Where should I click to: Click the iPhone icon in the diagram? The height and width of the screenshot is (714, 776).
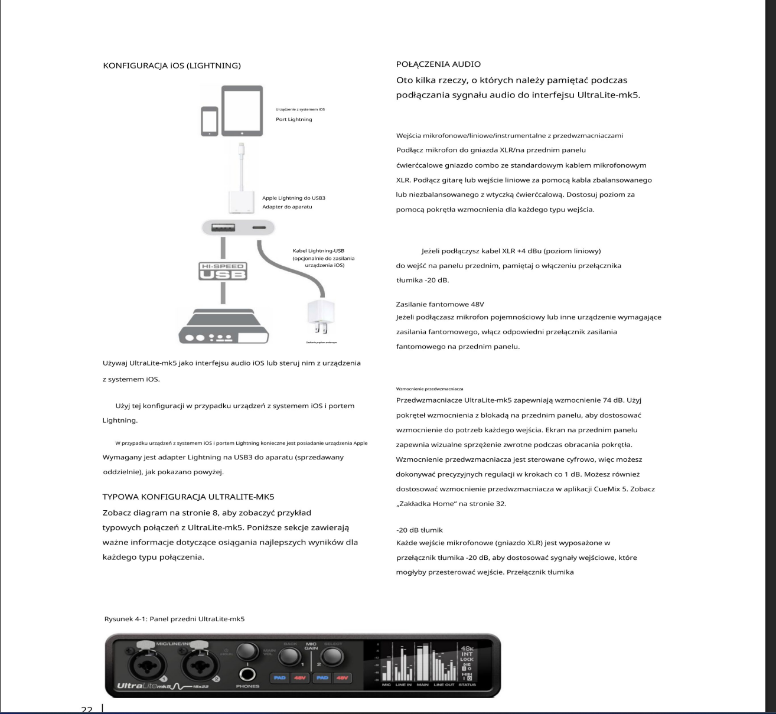[x=209, y=121]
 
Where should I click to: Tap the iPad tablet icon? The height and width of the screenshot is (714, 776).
[x=242, y=111]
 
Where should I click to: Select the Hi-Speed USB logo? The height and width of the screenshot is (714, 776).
[x=223, y=271]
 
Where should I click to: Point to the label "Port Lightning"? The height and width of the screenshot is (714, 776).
[x=294, y=119]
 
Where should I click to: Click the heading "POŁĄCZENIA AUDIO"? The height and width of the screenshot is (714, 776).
[x=438, y=64]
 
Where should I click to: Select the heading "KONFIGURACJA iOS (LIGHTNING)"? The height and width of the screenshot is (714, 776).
[x=172, y=66]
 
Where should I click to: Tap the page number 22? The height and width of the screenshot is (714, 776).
[x=87, y=709]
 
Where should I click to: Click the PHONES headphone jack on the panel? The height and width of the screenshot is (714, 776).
[x=247, y=674]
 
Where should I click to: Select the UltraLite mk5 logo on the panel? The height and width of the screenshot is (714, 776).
[x=144, y=686]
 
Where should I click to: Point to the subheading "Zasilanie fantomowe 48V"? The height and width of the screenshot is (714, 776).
[x=440, y=304]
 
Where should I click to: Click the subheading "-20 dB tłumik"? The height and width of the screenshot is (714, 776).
[x=419, y=530]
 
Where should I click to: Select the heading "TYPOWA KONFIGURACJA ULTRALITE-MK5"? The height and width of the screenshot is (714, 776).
[x=188, y=497]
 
